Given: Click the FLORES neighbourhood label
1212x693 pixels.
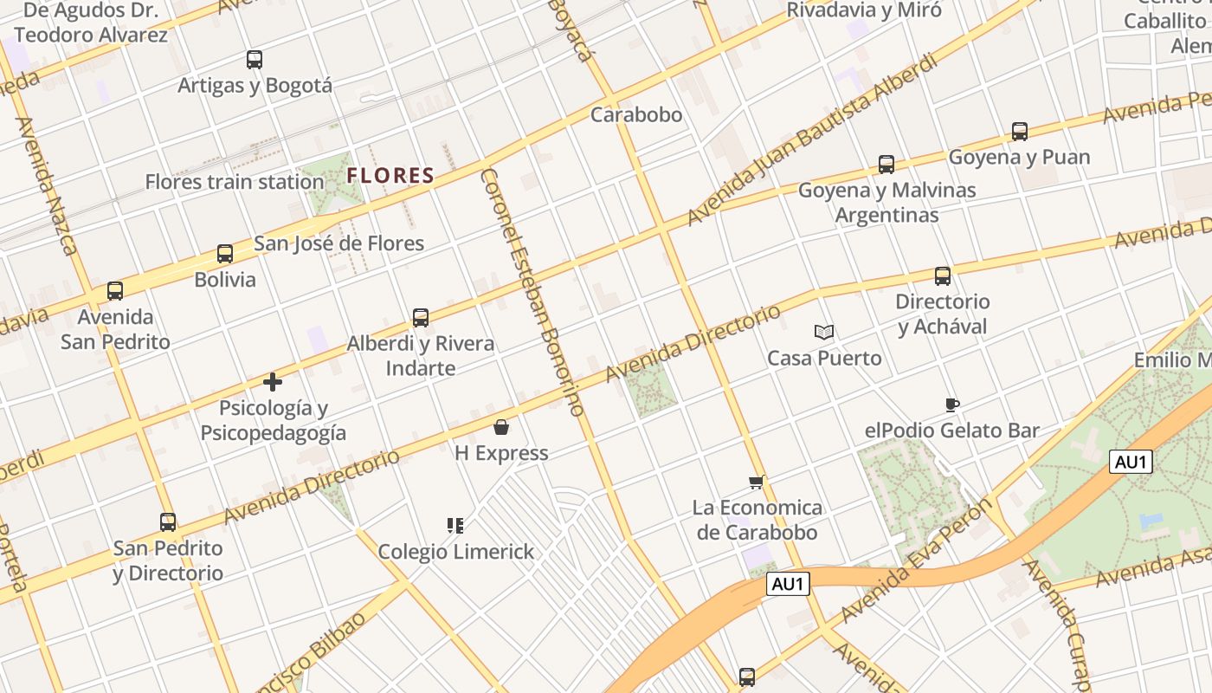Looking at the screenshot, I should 390,176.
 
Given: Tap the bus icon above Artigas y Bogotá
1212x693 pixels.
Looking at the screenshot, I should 255,60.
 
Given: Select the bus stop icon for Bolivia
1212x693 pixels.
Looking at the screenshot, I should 225,254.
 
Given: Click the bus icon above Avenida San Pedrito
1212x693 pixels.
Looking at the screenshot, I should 115,291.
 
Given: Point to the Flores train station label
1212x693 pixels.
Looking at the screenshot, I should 234,182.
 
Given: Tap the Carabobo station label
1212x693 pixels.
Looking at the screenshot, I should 636,114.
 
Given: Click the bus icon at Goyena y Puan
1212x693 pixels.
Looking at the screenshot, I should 1020,132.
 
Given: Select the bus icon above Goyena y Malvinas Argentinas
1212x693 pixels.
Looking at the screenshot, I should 886,165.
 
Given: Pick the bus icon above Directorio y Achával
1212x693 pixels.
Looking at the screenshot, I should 943,276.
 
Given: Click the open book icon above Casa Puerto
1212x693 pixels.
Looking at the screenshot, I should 824,332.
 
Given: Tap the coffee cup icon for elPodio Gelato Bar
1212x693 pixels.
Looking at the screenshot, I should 952,405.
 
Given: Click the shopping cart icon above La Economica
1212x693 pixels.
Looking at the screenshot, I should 757,482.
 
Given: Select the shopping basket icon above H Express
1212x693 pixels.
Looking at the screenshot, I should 501,427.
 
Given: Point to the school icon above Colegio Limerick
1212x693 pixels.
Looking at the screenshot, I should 455,525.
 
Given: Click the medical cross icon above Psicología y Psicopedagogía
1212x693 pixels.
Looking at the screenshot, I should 273,382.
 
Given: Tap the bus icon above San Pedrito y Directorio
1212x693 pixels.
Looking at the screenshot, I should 168,522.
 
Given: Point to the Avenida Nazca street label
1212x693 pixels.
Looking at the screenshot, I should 47,185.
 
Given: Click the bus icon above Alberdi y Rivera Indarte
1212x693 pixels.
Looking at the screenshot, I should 421,318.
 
